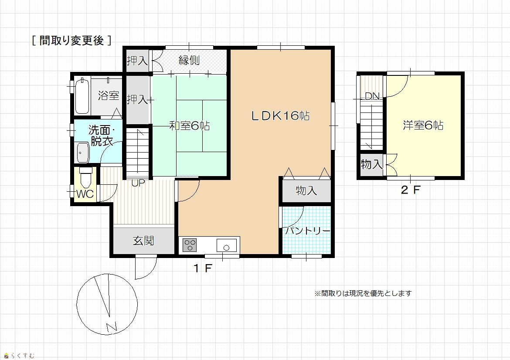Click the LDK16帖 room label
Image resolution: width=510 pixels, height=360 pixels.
[280, 116]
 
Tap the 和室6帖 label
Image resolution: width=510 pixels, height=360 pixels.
[190, 126]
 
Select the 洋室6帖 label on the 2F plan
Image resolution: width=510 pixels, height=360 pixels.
[423, 125]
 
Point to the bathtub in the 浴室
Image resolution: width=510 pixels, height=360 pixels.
[82, 95]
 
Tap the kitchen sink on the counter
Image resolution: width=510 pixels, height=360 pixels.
[227, 245]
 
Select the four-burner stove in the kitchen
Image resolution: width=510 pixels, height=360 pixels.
[190, 245]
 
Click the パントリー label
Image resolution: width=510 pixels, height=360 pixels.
[308, 231]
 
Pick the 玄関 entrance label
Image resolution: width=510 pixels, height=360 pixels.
[143, 241]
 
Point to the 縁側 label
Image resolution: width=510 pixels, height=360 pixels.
[189, 60]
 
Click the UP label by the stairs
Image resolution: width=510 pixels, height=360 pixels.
[138, 183]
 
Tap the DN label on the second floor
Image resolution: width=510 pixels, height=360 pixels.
[372, 96]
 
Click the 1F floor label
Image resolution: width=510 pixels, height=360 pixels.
[203, 268]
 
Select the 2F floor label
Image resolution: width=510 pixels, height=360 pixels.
[411, 190]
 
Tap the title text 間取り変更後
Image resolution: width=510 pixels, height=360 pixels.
[71, 41]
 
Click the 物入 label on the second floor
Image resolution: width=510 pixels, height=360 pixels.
[372, 164]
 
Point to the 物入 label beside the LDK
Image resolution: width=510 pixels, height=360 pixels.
[306, 190]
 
